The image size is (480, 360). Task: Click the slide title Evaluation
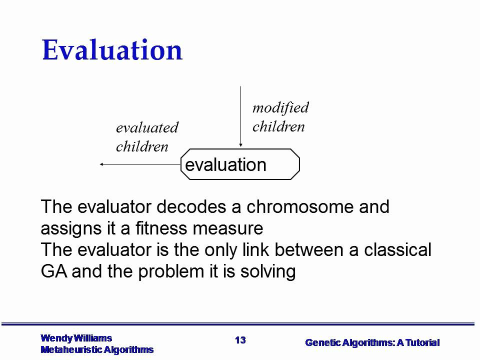[x=112, y=50]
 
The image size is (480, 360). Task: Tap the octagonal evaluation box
[x=240, y=164]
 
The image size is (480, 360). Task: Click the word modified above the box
[x=280, y=107]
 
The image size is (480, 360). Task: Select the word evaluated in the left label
[x=147, y=127]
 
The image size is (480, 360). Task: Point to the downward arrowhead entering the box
[x=241, y=145]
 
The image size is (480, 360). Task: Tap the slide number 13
[x=240, y=340]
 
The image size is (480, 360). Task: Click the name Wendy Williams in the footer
[x=76, y=338]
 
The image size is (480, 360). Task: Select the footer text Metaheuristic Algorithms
[x=97, y=349]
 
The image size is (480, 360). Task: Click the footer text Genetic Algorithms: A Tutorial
[x=372, y=342]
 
